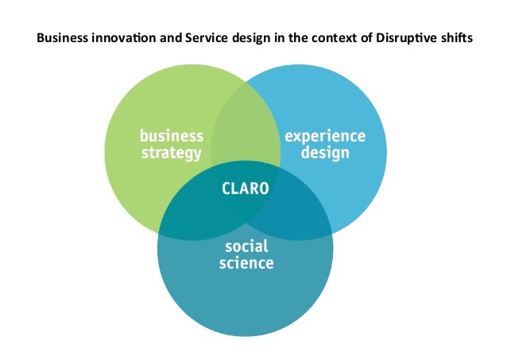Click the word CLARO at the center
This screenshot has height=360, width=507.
(x=245, y=189)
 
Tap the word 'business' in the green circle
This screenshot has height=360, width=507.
(x=171, y=136)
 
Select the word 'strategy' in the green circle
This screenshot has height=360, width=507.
(x=171, y=153)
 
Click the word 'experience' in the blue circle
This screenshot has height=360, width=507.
(x=325, y=136)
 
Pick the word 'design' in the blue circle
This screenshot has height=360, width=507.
(x=325, y=153)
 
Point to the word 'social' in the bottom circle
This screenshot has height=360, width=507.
(x=246, y=246)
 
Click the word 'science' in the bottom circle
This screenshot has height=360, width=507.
(x=246, y=262)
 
